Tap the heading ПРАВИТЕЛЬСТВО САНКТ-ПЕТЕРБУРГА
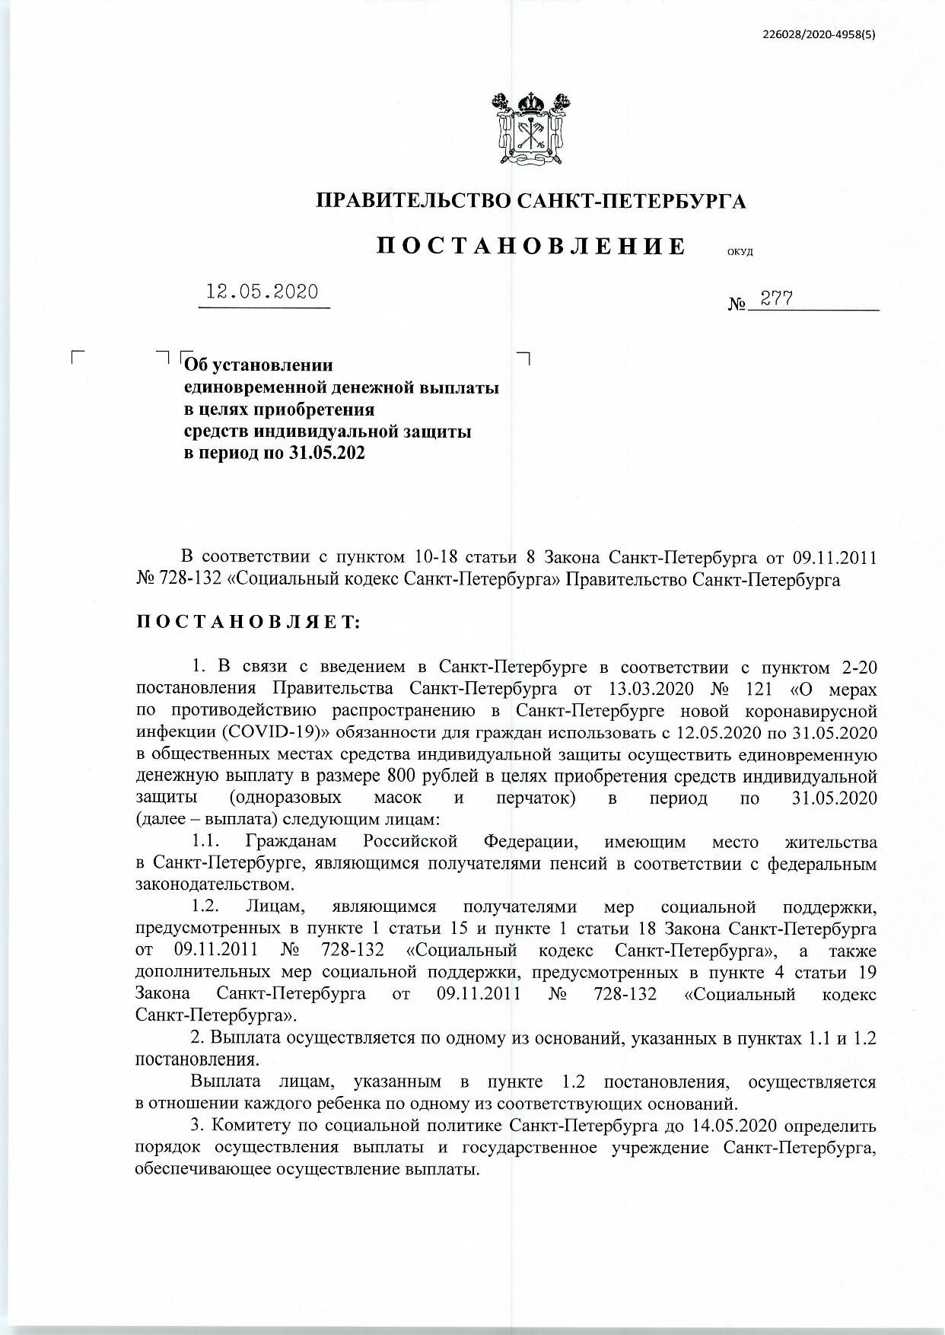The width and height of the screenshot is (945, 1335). point(531,201)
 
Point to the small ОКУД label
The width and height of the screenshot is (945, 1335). point(740,253)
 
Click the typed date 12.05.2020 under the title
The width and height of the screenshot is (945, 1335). point(263,293)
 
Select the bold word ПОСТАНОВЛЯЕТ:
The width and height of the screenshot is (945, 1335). point(248,623)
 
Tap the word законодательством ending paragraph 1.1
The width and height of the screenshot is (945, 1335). point(212,886)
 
